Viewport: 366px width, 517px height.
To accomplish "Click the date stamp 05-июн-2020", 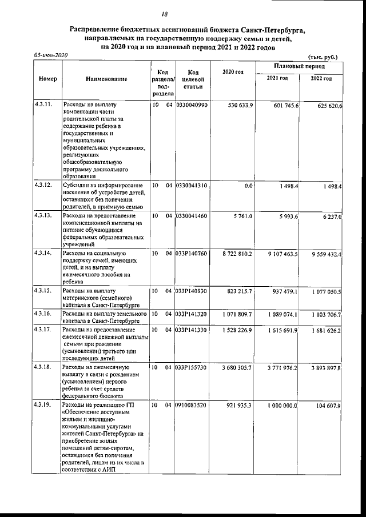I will point(50,55).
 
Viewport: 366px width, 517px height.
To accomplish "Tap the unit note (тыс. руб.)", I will point(322,57).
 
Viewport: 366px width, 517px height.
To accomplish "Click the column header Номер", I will point(47,79).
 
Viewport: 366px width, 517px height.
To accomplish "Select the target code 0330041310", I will point(192,186).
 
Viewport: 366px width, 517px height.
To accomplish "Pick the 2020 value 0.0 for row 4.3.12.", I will point(248,186).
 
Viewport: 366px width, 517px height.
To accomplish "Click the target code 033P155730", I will point(192,368).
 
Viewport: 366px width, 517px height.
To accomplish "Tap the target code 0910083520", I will point(192,405).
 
